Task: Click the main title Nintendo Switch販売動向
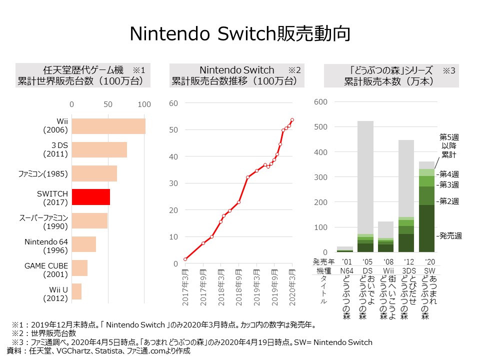[x=239, y=33]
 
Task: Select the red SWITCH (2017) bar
[x=90, y=197]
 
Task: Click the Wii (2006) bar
[x=108, y=126]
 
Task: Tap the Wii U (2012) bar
[x=76, y=291]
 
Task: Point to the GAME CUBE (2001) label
[x=46, y=268]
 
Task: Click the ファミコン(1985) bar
[x=94, y=173]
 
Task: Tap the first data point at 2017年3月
[x=185, y=259]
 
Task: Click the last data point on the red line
[x=292, y=119]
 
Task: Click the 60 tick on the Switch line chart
[x=173, y=103]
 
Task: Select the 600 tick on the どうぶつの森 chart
[x=320, y=102]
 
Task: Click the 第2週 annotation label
[x=448, y=201]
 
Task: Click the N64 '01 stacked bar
[x=345, y=248]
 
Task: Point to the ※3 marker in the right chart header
[x=448, y=70]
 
